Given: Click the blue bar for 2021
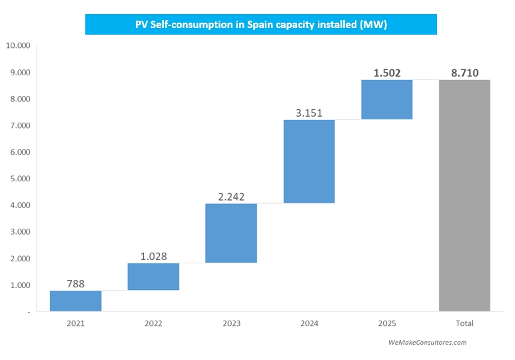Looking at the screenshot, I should (76, 301).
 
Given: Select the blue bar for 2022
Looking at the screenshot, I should (153, 277).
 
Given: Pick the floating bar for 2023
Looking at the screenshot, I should (231, 233).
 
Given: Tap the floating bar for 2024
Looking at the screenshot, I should (309, 161).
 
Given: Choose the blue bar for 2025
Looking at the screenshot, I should (387, 99).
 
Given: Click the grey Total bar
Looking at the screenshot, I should (464, 195).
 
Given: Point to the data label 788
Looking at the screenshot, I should (76, 284).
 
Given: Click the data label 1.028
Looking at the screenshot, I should (153, 256).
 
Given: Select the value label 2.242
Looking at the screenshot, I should (231, 196).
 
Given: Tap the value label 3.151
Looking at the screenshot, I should (309, 113).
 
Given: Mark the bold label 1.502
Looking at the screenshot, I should (387, 73).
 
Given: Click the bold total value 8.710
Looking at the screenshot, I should (464, 73).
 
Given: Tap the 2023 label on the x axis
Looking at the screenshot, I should (231, 323).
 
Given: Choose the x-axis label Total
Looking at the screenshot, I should (464, 323).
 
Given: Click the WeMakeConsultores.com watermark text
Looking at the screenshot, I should (427, 342).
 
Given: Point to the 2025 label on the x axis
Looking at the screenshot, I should (387, 323).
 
